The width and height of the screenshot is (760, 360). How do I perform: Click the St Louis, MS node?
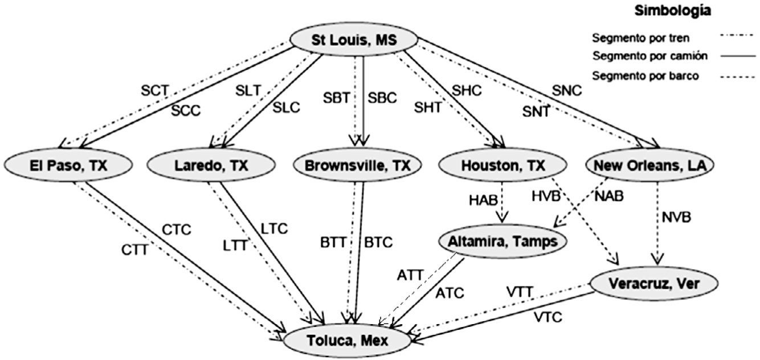click(x=354, y=40)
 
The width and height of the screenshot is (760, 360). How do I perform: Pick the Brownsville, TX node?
click(x=358, y=166)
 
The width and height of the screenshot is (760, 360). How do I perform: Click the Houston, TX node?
click(x=502, y=166)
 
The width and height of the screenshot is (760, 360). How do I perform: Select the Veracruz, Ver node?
click(x=652, y=283)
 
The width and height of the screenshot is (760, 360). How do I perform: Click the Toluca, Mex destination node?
click(x=348, y=341)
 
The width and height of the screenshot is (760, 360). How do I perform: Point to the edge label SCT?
click(x=155, y=90)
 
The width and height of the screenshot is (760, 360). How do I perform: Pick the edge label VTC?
click(x=547, y=317)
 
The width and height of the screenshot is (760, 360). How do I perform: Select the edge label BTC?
click(x=378, y=242)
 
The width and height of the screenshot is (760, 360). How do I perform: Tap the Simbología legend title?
click(x=681, y=11)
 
